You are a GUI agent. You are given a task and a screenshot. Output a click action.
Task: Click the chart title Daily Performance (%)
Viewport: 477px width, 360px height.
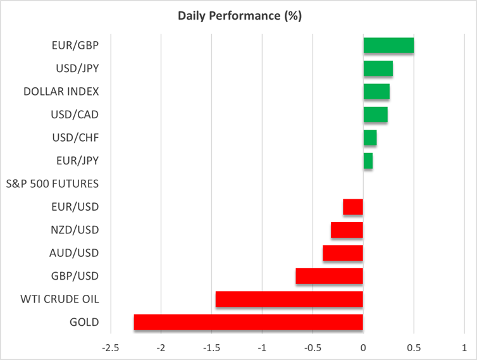[238, 16]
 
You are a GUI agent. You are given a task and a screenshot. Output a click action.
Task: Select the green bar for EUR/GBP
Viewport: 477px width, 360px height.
[388, 46]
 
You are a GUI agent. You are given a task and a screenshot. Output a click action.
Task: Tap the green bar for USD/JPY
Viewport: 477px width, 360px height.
[378, 68]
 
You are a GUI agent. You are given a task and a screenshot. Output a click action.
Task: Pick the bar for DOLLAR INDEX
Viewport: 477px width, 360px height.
[376, 92]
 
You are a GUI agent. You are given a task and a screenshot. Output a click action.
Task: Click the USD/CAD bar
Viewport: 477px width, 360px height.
[375, 115]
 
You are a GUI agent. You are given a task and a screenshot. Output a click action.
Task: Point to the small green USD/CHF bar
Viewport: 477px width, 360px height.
[370, 138]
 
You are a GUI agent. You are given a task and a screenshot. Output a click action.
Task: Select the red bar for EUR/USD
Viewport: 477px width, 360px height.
[353, 207]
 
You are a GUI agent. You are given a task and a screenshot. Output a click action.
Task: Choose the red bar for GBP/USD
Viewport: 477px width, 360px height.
[329, 276]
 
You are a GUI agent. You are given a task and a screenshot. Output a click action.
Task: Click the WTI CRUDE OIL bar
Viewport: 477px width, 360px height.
[289, 299]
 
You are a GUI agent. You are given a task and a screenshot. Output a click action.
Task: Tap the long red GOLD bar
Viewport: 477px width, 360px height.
[249, 322]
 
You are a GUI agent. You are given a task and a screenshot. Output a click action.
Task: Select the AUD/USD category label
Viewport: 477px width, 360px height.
[75, 253]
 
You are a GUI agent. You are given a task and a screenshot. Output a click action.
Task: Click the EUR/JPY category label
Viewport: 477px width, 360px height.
[77, 161]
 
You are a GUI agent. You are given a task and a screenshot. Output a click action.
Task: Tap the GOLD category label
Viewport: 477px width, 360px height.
[84, 322]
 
